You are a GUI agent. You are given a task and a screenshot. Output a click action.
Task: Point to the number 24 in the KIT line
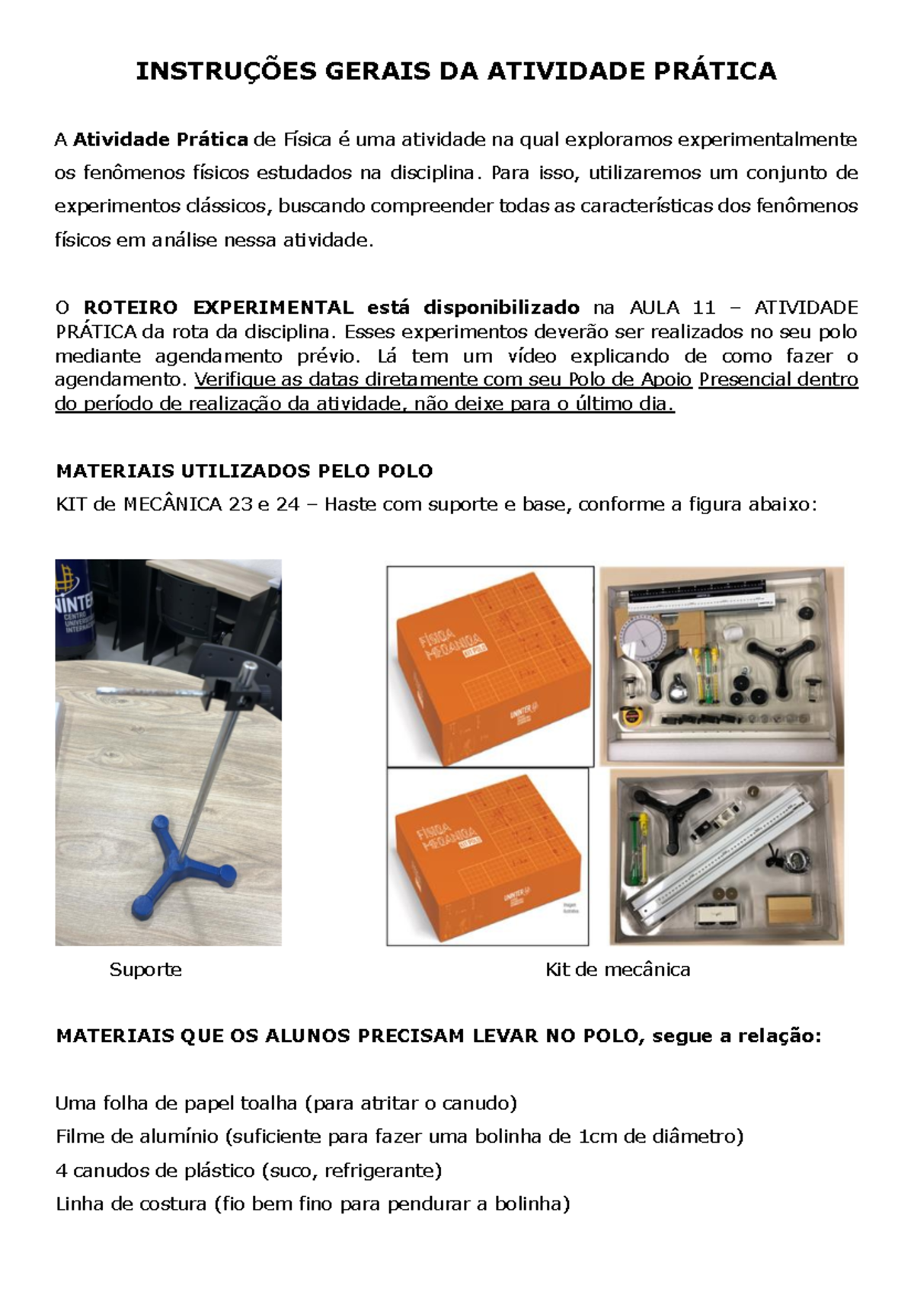[288, 504]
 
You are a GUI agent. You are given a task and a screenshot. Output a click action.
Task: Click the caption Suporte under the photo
[145, 969]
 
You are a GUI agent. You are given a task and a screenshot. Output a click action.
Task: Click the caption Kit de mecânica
[618, 969]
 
